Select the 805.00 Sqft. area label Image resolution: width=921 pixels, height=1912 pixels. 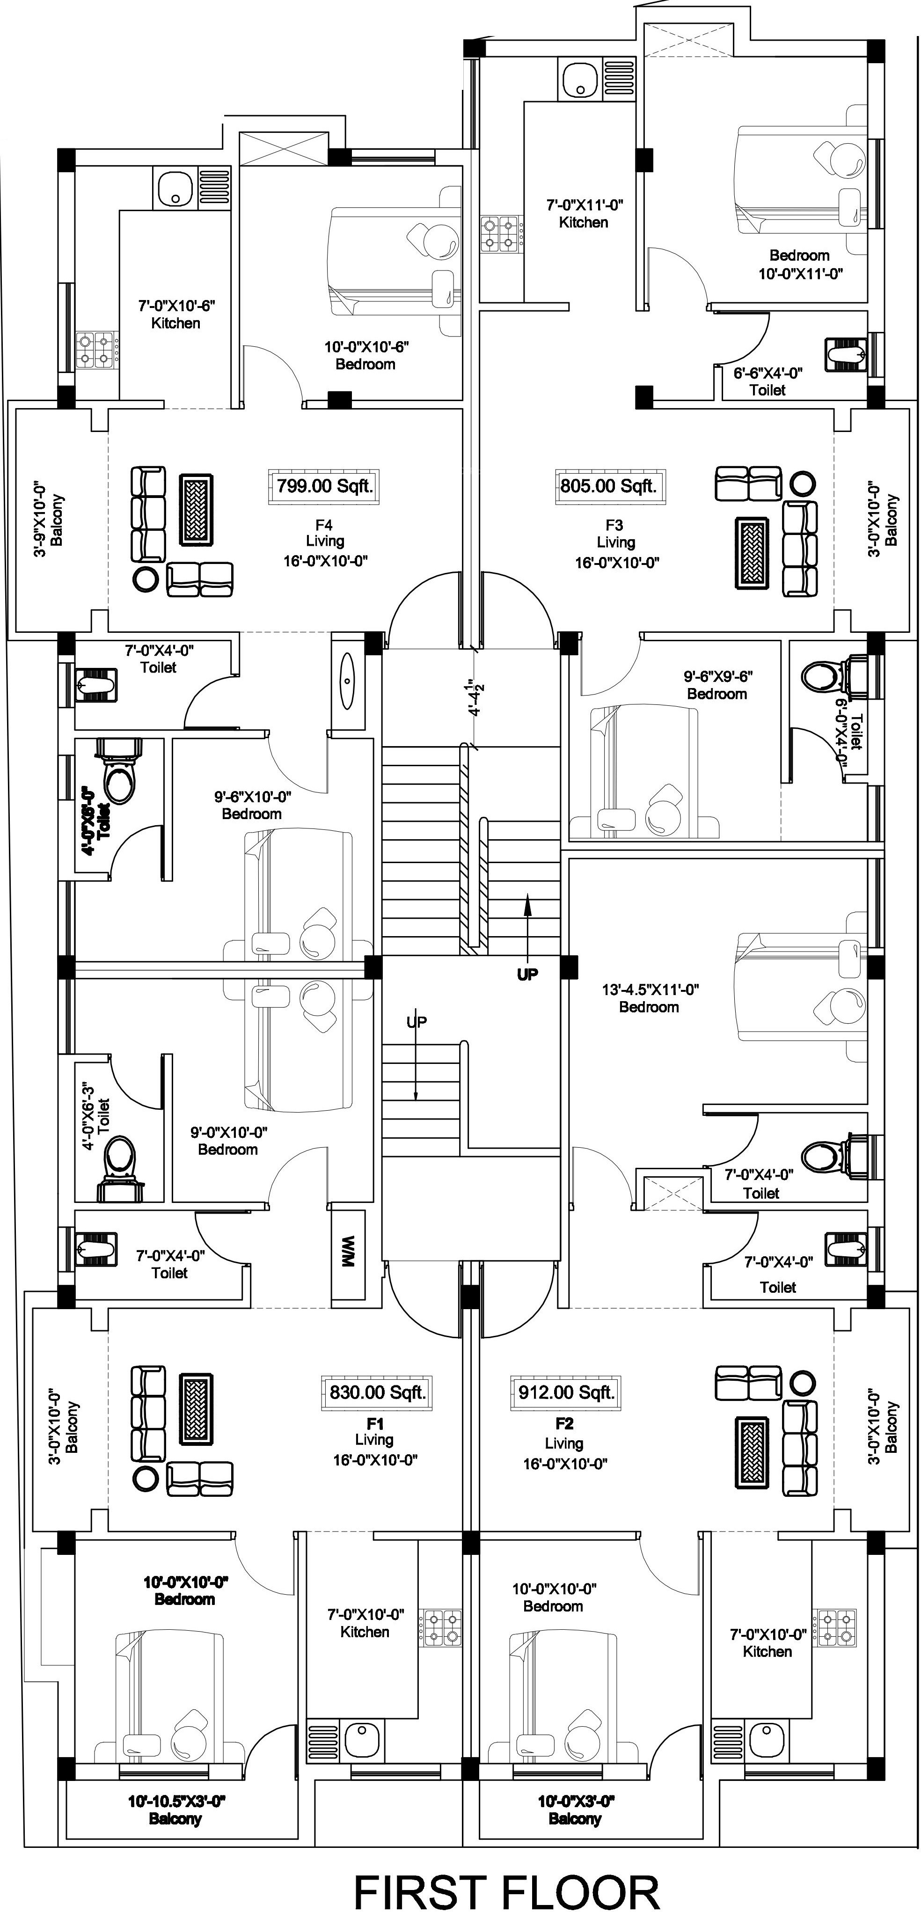pyautogui.click(x=608, y=486)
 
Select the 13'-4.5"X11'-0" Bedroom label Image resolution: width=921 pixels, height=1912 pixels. pyautogui.click(x=650, y=997)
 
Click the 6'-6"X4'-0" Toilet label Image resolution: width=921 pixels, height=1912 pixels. pyautogui.click(x=767, y=381)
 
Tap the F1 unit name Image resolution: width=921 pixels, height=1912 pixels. pyautogui.click(x=375, y=1423)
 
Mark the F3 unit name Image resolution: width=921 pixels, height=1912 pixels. pyautogui.click(x=614, y=525)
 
